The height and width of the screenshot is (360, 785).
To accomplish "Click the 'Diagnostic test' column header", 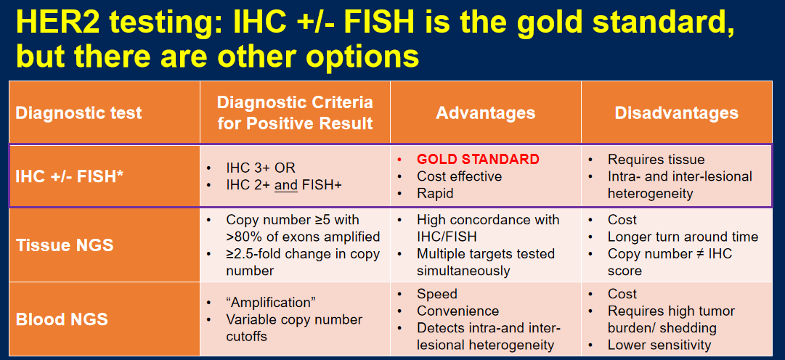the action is pyautogui.click(x=78, y=112).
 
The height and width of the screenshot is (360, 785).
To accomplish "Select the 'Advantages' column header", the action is pyautogui.click(x=485, y=112).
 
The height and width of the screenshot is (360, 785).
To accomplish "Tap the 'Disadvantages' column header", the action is pyautogui.click(x=676, y=112).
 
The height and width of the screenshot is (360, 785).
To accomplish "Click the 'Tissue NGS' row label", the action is pyautogui.click(x=65, y=245).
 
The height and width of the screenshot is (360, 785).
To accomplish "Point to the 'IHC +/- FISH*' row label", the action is pyautogui.click(x=70, y=176).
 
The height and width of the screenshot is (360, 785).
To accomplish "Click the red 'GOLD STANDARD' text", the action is pyautogui.click(x=478, y=160).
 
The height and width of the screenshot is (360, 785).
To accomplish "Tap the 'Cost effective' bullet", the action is pyautogui.click(x=459, y=176).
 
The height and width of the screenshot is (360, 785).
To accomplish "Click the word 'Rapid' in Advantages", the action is pyautogui.click(x=435, y=193).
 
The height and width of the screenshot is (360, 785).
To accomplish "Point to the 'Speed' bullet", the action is pyautogui.click(x=437, y=294).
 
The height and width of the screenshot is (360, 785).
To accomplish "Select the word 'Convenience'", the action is pyautogui.click(x=457, y=311).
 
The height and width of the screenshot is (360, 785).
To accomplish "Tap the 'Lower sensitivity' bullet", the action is pyautogui.click(x=659, y=345).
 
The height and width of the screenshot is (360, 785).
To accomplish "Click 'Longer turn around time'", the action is pyautogui.click(x=683, y=237).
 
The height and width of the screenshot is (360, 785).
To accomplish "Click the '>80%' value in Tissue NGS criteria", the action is pyautogui.click(x=244, y=237).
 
